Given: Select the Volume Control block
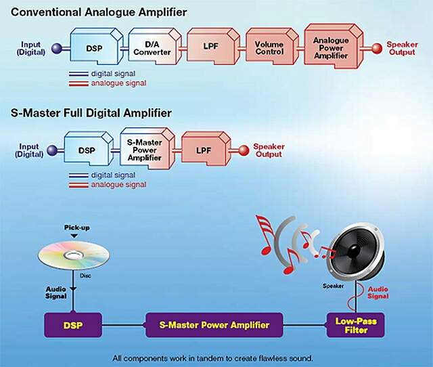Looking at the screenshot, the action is tap(272, 47).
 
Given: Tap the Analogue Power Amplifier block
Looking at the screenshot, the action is tap(334, 46).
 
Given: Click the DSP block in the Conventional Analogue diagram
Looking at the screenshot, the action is tap(96, 46).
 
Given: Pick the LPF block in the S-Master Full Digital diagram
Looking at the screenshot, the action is tap(206, 149).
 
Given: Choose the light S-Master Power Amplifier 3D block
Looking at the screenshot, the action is tap(147, 148).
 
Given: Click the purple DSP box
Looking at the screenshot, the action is tap(73, 325).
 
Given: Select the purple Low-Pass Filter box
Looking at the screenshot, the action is tap(355, 325).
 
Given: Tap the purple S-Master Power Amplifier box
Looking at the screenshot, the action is tap(214, 325).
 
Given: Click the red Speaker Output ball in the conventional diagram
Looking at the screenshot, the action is tap(376, 48).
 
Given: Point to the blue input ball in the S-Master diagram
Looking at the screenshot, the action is tap(52, 150).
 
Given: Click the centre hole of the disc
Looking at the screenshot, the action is tap(73, 255).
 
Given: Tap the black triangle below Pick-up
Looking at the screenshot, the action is tap(74, 236).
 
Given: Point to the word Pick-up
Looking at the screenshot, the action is tap(76, 228).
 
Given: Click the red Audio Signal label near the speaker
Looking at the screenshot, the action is tap(378, 293).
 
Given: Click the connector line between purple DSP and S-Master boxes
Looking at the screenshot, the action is tap(124, 325).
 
